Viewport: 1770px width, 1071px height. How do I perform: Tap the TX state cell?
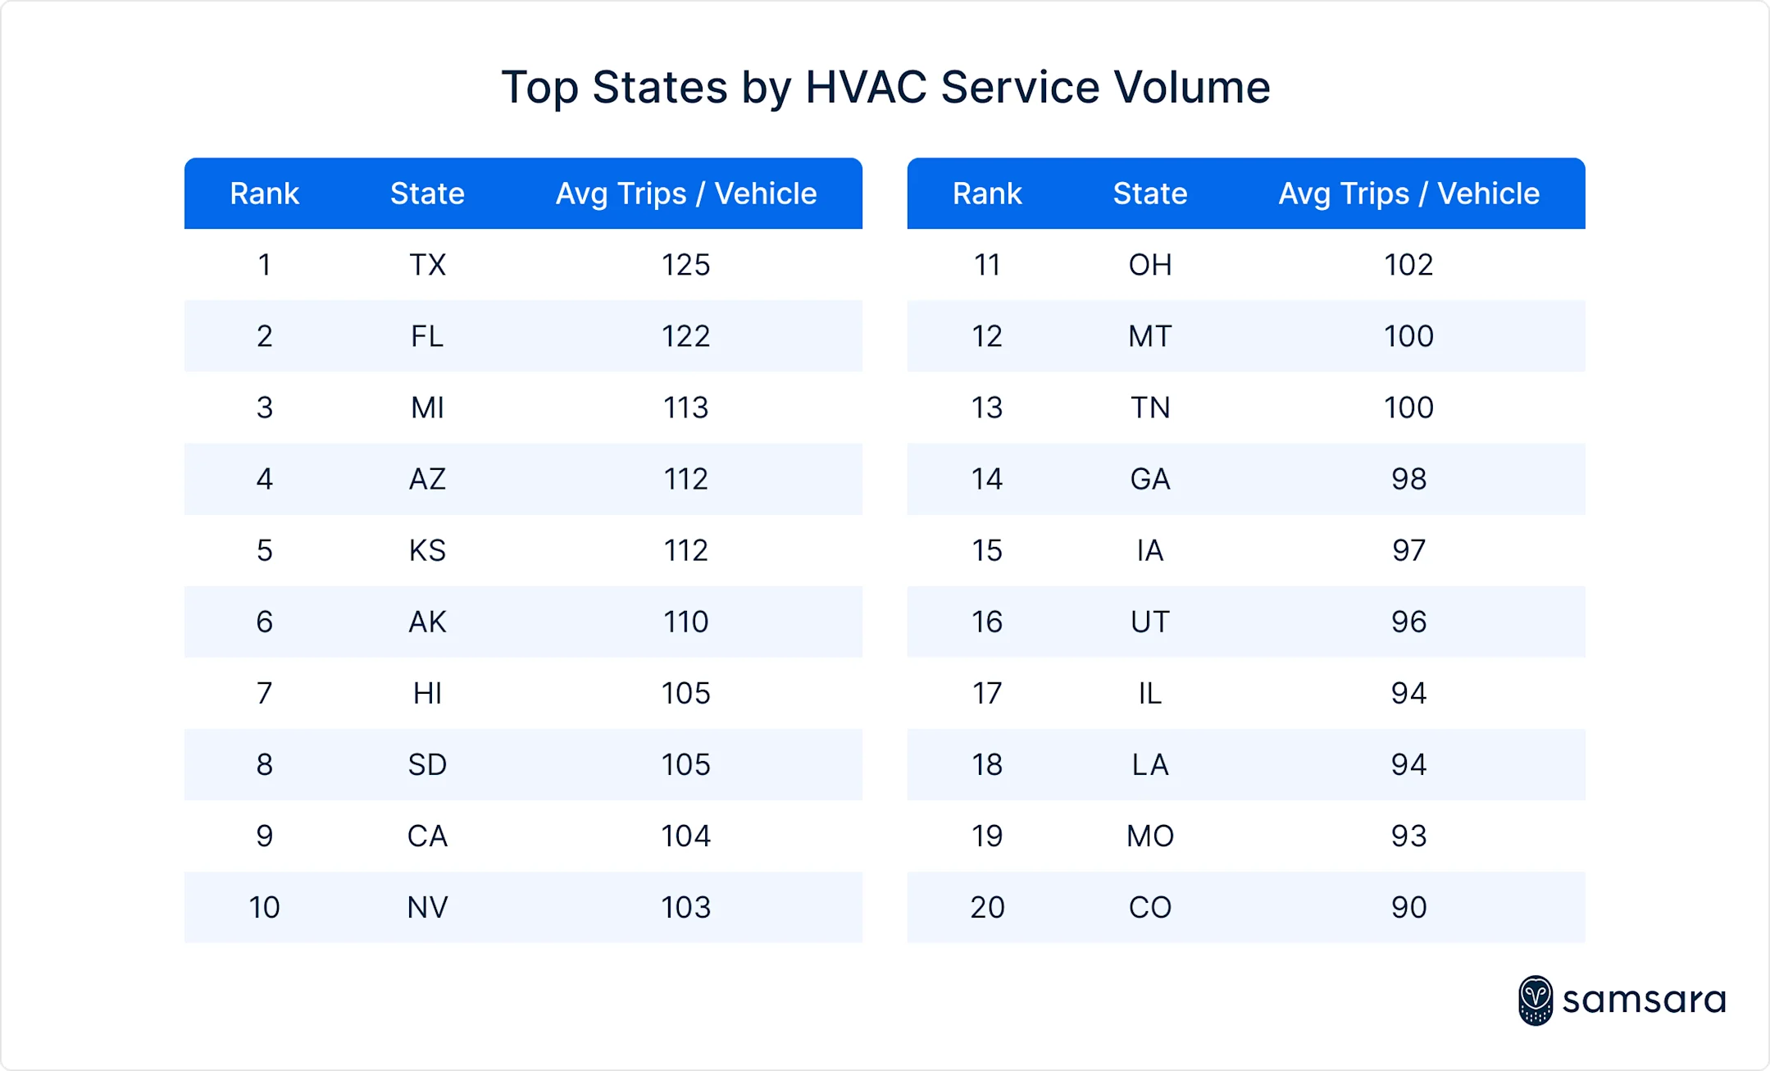click(x=427, y=265)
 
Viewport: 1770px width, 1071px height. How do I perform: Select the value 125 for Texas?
click(x=685, y=265)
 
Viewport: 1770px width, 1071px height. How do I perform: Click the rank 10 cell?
click(x=264, y=907)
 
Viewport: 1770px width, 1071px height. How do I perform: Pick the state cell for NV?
click(x=427, y=907)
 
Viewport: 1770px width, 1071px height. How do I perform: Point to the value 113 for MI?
click(x=685, y=408)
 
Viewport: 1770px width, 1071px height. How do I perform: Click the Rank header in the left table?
click(x=264, y=194)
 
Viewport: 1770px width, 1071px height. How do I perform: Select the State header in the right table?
click(x=1149, y=194)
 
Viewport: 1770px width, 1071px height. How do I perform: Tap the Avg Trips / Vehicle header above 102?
click(x=1408, y=194)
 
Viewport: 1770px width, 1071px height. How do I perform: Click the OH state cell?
click(x=1149, y=265)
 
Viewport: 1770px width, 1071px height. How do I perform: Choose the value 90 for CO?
click(x=1408, y=907)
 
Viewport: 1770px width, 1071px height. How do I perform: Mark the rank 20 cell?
click(x=986, y=907)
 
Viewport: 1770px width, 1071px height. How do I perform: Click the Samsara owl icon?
click(x=1535, y=1000)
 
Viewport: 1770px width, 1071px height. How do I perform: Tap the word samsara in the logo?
click(x=1644, y=1000)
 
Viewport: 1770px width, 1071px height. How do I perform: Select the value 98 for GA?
click(x=1408, y=479)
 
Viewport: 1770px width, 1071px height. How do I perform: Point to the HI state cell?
click(x=427, y=693)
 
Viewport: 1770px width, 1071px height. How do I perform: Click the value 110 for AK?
click(x=685, y=622)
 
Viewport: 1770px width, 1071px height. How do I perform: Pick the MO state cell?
click(x=1149, y=836)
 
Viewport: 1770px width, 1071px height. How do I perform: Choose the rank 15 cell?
click(x=986, y=550)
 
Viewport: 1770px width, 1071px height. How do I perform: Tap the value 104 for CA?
click(x=685, y=836)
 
